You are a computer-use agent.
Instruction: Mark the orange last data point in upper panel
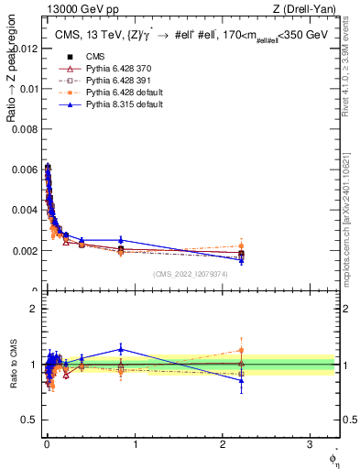(x=241, y=245)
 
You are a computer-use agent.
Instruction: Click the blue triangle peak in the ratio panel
(x=120, y=348)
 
